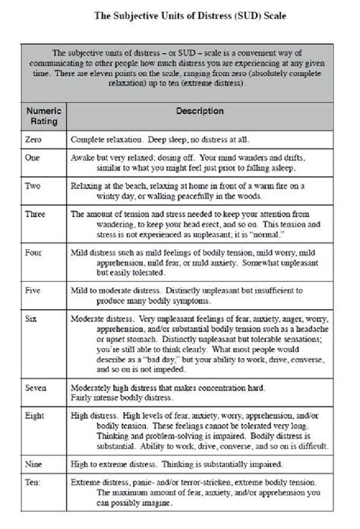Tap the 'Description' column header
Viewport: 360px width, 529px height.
(x=199, y=110)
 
